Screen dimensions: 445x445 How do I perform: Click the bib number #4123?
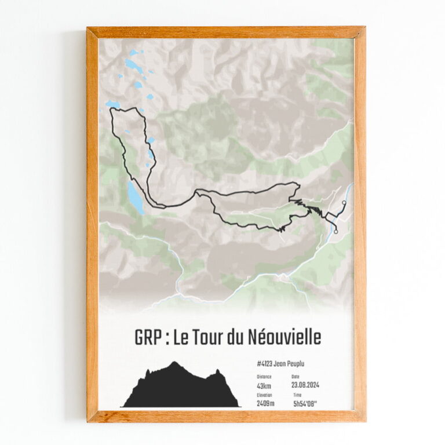click(x=265, y=364)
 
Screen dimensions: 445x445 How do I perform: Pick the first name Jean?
click(x=282, y=364)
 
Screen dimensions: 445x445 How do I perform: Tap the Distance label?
click(x=264, y=377)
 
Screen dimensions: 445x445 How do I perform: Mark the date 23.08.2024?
click(x=305, y=385)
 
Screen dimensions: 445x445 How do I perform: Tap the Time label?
click(x=297, y=395)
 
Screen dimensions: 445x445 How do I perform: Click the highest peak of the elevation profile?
click(x=174, y=363)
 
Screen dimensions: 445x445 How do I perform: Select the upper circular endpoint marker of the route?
click(x=344, y=203)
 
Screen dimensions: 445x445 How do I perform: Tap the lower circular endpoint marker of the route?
click(x=336, y=232)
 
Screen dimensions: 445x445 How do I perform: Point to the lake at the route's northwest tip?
click(x=112, y=104)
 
